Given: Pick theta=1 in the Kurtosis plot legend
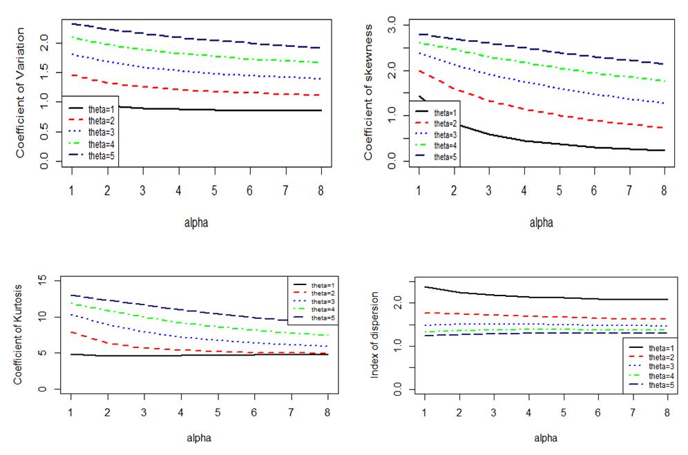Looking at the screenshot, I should (323, 284).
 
